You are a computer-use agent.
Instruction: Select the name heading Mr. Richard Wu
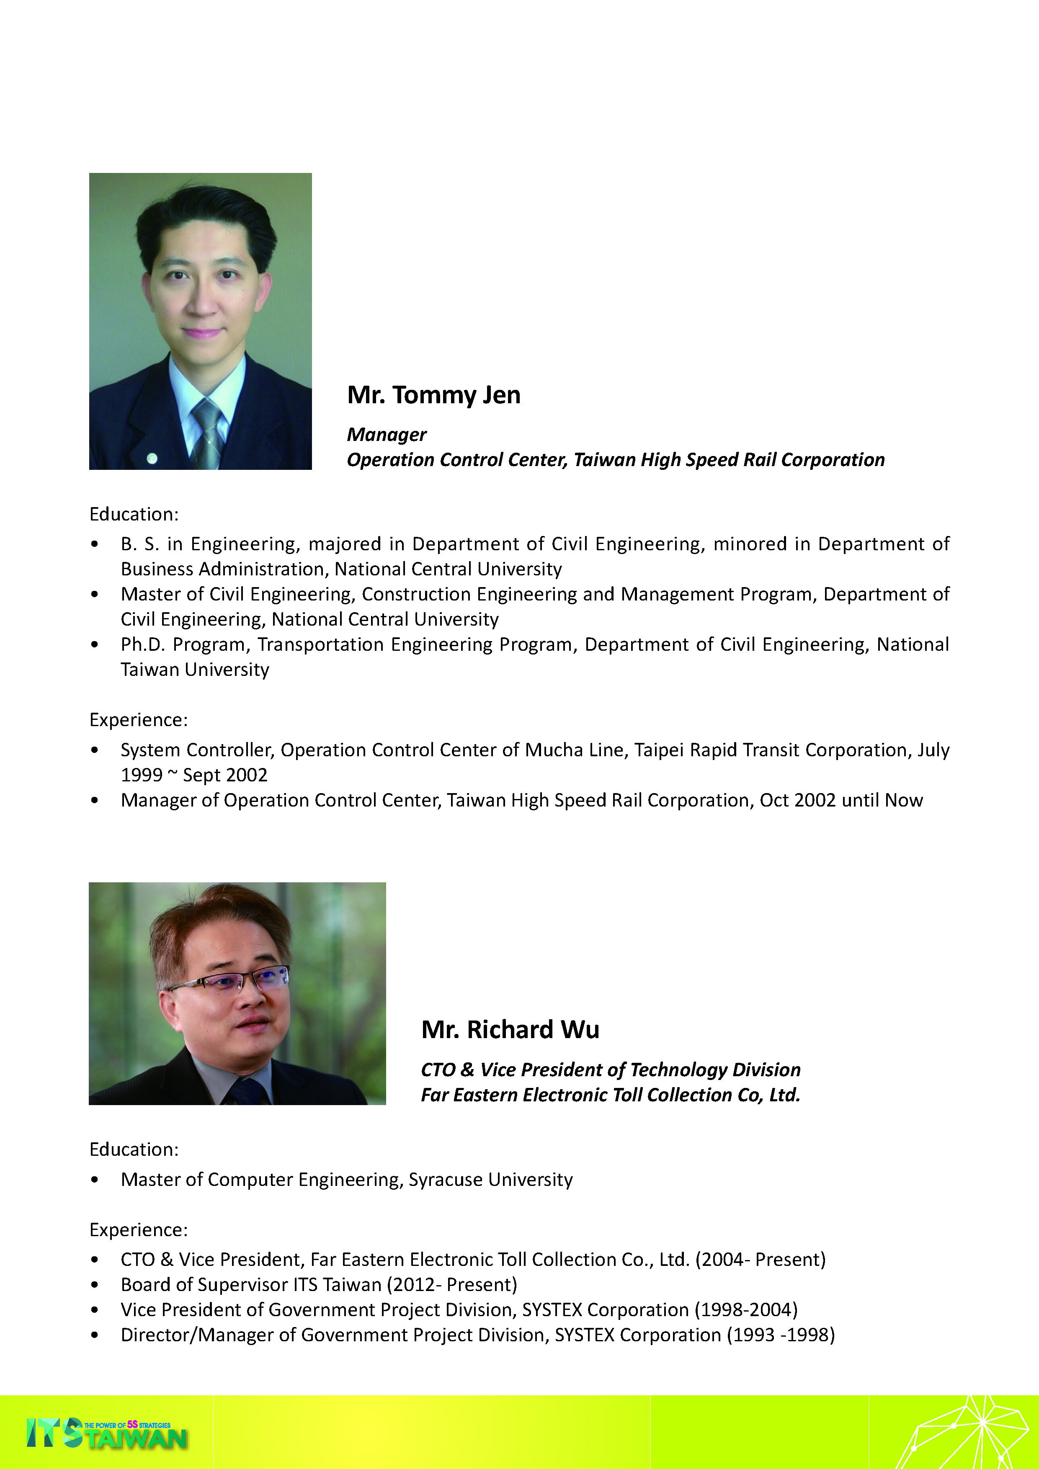click(510, 1029)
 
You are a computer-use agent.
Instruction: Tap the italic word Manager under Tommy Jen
click(387, 434)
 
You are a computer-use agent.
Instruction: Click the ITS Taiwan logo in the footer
click(106, 1434)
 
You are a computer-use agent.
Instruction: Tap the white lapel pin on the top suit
click(152, 458)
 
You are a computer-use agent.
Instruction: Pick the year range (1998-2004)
click(746, 1310)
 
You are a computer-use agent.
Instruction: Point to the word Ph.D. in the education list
click(143, 644)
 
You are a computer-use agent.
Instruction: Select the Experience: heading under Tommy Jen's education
click(138, 720)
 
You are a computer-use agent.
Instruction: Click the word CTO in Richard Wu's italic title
click(438, 1070)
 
